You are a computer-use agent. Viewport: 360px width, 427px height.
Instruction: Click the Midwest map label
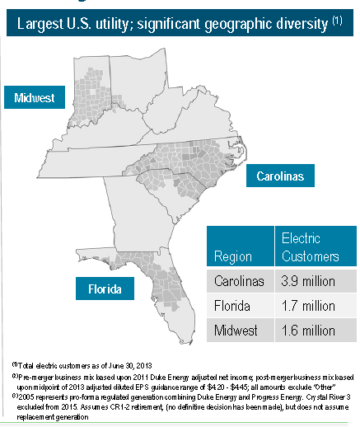[35, 98]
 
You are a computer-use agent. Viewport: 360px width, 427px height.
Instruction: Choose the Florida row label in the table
[231, 307]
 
